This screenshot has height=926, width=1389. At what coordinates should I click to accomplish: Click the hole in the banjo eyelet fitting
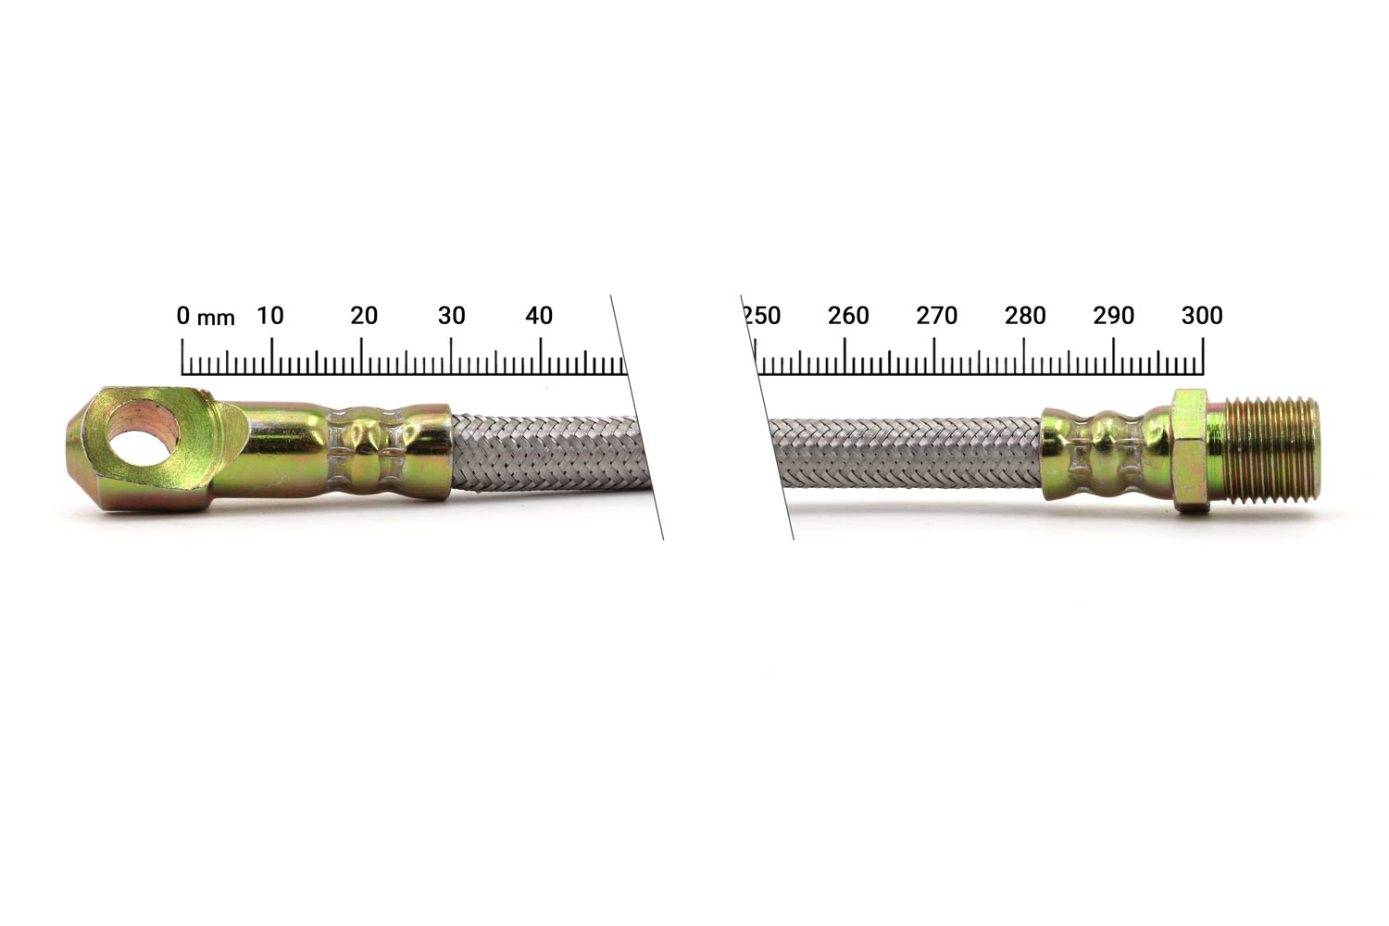[x=146, y=440]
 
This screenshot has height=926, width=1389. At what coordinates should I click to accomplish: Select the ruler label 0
[x=183, y=316]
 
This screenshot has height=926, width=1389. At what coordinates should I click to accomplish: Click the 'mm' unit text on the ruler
[x=216, y=319]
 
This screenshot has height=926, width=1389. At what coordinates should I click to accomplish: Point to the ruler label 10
[x=270, y=316]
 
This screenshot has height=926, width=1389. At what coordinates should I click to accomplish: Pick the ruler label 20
[x=364, y=316]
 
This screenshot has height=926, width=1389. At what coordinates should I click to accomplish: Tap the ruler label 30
[x=452, y=316]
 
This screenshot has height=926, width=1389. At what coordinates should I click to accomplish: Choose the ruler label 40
[x=539, y=316]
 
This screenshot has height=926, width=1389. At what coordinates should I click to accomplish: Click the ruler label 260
[x=848, y=316]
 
